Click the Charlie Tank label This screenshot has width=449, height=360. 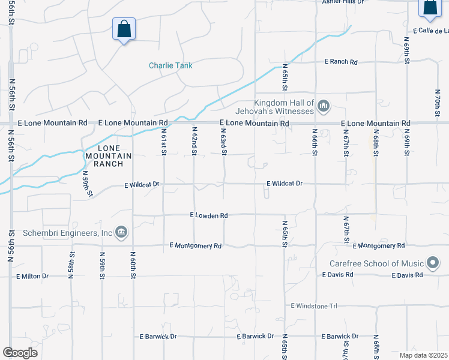click(169, 66)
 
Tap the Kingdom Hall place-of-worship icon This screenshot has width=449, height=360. click(324, 107)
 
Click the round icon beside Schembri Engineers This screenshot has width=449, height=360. click(121, 232)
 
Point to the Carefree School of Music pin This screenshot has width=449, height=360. click(433, 263)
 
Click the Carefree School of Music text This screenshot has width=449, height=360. click(377, 263)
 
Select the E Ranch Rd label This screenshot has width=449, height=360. click(341, 62)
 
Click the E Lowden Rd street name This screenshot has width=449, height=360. click(209, 215)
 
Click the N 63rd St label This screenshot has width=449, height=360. click(224, 141)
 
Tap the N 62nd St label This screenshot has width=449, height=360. click(194, 141)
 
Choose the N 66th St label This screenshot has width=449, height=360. click(315, 141)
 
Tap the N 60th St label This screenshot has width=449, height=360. click(132, 262)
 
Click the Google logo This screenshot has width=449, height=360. click(20, 353)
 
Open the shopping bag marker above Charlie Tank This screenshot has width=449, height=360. click(124, 29)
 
